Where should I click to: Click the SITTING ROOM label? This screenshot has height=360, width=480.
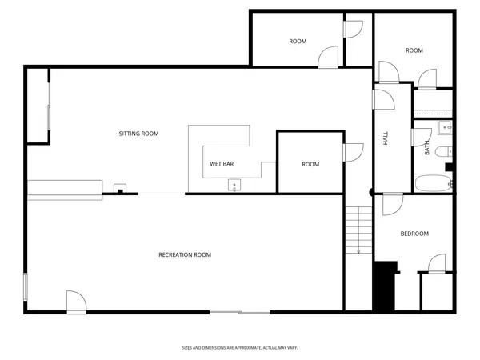tap(138, 134)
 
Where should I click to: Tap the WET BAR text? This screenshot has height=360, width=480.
tap(222, 164)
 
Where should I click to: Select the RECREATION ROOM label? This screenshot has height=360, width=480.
tap(185, 254)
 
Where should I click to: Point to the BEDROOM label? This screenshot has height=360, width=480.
tap(414, 234)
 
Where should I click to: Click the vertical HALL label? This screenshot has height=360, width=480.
tap(385, 138)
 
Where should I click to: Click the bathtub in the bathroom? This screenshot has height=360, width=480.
tap(432, 183)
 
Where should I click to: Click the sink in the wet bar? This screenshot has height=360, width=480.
tap(234, 186)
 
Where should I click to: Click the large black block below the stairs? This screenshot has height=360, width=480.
tap(386, 286)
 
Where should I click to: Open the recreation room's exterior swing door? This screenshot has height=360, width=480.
tap(76, 302)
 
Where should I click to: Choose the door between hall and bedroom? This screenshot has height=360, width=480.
tap(392, 205)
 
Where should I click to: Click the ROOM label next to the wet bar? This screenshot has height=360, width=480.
tap(310, 164)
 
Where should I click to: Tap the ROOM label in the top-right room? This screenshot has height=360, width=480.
tap(414, 50)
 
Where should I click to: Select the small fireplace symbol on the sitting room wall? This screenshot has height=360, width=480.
tap(120, 190)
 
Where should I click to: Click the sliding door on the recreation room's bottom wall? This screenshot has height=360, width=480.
tap(240, 311)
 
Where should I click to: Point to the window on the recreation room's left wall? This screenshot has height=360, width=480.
tap(26, 286)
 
